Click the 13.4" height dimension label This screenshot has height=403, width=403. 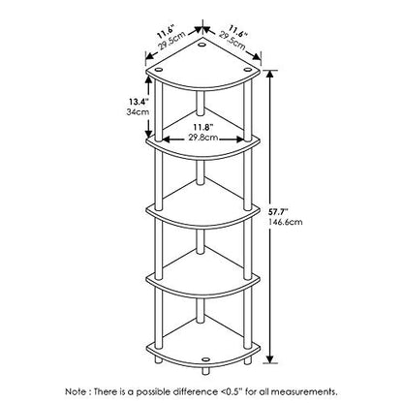[139, 102]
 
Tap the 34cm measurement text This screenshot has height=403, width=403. [139, 112]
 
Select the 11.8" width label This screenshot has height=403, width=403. [202, 127]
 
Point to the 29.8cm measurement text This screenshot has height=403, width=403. [203, 138]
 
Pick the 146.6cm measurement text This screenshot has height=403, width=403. [285, 222]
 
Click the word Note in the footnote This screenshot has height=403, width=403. [76, 392]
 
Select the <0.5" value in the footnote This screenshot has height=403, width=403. [232, 392]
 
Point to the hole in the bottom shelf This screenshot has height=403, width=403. [205, 358]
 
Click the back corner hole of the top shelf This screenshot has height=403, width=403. [202, 45]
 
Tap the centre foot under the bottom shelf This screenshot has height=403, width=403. [205, 371]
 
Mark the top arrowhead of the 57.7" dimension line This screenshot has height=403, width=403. [270, 74]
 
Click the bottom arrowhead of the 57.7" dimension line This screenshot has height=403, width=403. [270, 358]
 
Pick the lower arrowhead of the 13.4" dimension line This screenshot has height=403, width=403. [149, 134]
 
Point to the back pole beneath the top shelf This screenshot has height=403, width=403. [201, 103]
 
